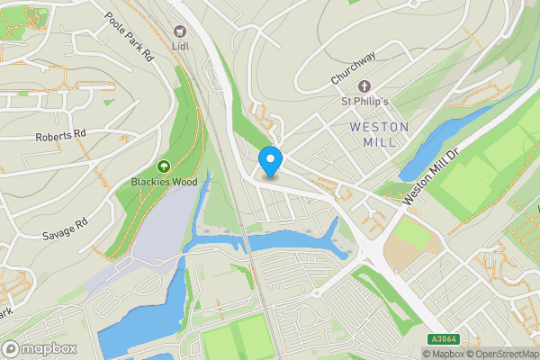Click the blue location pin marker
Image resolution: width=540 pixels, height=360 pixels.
click(x=271, y=161)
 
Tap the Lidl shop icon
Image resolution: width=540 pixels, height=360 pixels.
click(x=180, y=32)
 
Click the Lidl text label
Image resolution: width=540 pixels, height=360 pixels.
click(x=180, y=47)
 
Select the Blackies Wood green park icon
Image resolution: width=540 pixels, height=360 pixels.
click(x=163, y=166)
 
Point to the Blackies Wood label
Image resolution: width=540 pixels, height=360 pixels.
click(x=163, y=182)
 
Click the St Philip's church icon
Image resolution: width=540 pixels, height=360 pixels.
click(x=364, y=86)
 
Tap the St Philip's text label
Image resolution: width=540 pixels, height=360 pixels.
click(x=364, y=102)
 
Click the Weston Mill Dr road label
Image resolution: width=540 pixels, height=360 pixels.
click(x=431, y=176)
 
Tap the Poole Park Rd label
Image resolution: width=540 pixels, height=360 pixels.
click(x=130, y=38)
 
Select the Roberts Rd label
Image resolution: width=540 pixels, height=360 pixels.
click(x=61, y=137)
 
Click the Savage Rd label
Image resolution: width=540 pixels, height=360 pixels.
click(x=65, y=229)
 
